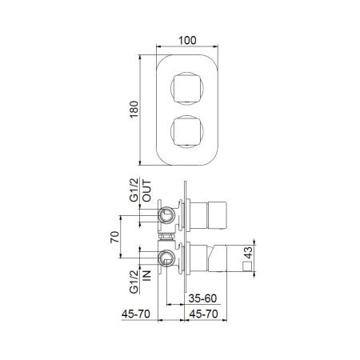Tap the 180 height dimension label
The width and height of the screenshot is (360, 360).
(138, 109)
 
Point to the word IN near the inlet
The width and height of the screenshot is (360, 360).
(149, 277)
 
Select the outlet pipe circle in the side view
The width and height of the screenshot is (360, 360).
(167, 214)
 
